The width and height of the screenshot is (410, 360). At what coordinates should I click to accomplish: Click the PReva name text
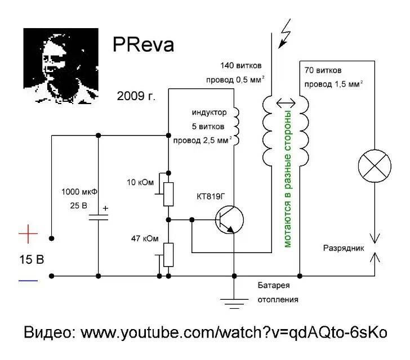click(143, 46)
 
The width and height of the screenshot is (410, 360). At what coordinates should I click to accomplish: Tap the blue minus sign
click(28, 280)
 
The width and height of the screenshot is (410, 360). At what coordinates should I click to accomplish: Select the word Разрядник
click(342, 247)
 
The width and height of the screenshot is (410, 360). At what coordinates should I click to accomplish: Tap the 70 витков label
click(323, 71)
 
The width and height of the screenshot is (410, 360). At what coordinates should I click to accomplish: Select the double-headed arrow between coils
click(285, 103)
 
